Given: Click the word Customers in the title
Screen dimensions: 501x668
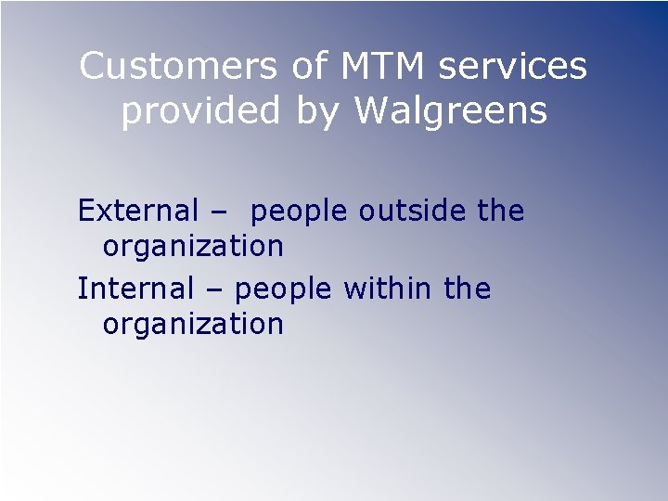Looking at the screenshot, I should pyautogui.click(x=178, y=67).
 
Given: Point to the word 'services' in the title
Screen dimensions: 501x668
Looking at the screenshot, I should pyautogui.click(x=514, y=67).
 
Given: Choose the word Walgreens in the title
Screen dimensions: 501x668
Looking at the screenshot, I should pyautogui.click(x=452, y=112).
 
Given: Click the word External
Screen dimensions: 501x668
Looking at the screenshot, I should pyautogui.click(x=137, y=212).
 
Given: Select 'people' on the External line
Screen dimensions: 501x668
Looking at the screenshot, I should pyautogui.click(x=300, y=213).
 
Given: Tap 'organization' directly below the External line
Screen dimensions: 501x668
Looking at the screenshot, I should pyautogui.click(x=193, y=248).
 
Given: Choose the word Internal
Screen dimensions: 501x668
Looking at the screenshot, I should pyautogui.click(x=135, y=289).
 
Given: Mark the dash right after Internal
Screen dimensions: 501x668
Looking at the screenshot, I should pyautogui.click(x=214, y=290).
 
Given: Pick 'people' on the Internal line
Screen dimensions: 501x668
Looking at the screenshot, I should pyautogui.click(x=284, y=290).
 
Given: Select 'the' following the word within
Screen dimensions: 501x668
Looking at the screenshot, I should pyautogui.click(x=467, y=289).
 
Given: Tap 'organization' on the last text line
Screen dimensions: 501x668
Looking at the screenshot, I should pyautogui.click(x=193, y=326).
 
